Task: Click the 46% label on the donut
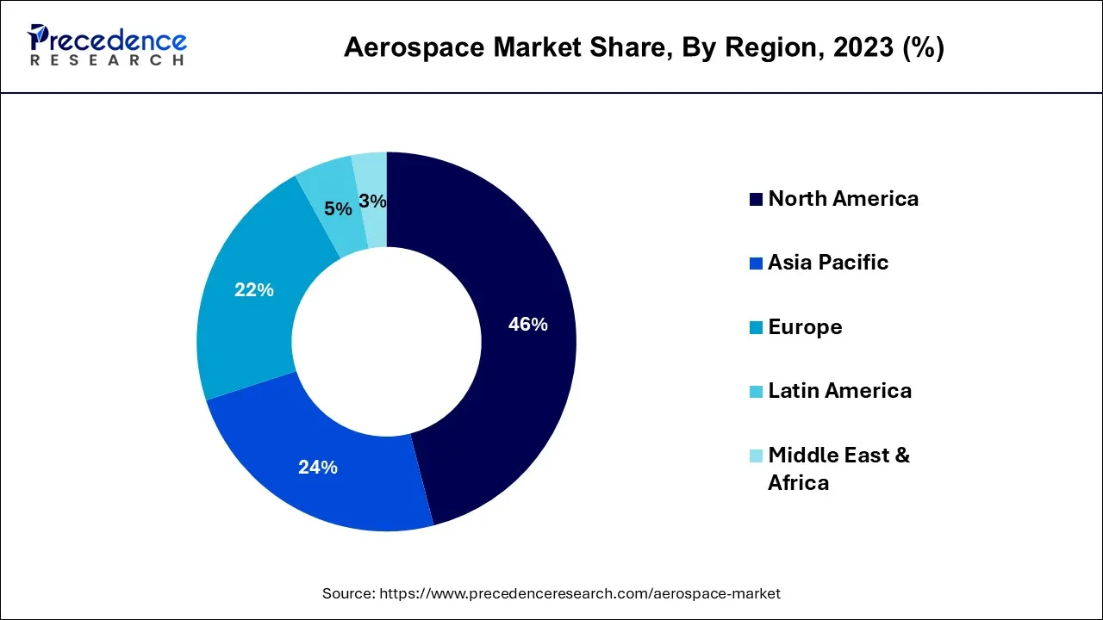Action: pos(527,325)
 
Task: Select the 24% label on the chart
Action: pos(317,468)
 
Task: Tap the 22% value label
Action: pos(253,290)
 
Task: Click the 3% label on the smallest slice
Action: pos(372,201)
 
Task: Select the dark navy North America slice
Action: pos(517,258)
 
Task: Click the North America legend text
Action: pos(843,199)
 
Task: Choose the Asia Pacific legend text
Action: pos(827,263)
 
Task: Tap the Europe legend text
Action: pos(805,327)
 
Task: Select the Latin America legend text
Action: pos(839,391)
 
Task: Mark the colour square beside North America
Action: pos(756,200)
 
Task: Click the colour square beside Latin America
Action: pos(756,392)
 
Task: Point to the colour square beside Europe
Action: pos(756,328)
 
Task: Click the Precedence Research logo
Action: pos(107,46)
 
